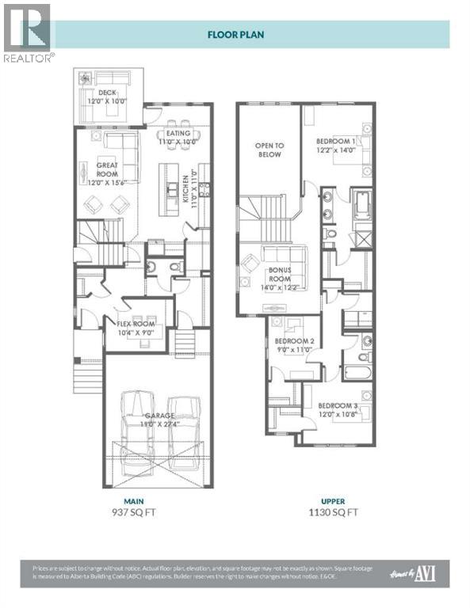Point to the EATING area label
click(178, 138)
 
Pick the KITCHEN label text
click(188, 190)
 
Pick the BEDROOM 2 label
click(296, 345)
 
